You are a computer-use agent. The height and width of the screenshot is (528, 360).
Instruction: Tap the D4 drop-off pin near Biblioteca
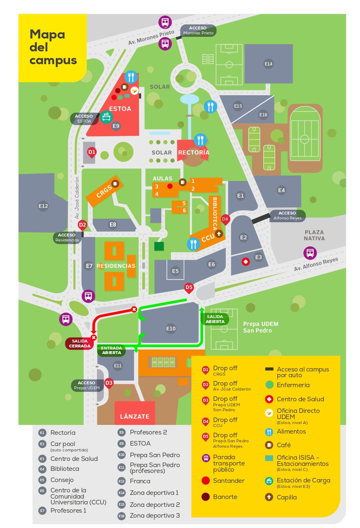pyautogui.click(x=225, y=219)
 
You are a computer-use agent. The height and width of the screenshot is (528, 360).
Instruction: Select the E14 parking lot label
pyautogui.click(x=269, y=64)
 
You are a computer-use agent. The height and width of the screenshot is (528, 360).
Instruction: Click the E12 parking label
pyautogui.click(x=43, y=206)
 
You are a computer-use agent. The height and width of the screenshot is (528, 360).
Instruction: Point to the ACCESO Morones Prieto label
pyautogui.click(x=198, y=31)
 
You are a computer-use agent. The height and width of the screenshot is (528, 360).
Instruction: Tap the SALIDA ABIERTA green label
pyautogui.click(x=215, y=319)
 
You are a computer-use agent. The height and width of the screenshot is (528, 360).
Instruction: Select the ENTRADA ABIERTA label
pyautogui.click(x=111, y=351)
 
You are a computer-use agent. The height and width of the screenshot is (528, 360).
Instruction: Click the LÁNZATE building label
pyautogui.click(x=134, y=416)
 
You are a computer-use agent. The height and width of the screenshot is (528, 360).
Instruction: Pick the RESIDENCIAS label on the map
pyautogui.click(x=116, y=266)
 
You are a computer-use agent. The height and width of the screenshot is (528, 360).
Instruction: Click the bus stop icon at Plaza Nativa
pyautogui.click(x=310, y=253)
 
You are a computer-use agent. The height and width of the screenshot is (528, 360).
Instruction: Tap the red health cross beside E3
pyautogui.click(x=246, y=262)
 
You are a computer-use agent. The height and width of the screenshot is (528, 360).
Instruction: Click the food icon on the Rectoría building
pyautogui.click(x=200, y=140)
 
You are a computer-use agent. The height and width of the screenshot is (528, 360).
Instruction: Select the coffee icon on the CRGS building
pyautogui.click(x=115, y=183)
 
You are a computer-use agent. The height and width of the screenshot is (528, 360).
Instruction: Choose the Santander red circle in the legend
pyautogui.click(x=206, y=481)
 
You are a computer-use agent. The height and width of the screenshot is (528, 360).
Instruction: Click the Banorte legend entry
pyautogui.click(x=226, y=497)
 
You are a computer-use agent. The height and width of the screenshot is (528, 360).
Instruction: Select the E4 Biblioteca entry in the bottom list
pyautogui.click(x=65, y=469)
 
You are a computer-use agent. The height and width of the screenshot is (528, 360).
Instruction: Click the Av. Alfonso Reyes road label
pyautogui.click(x=316, y=265)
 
